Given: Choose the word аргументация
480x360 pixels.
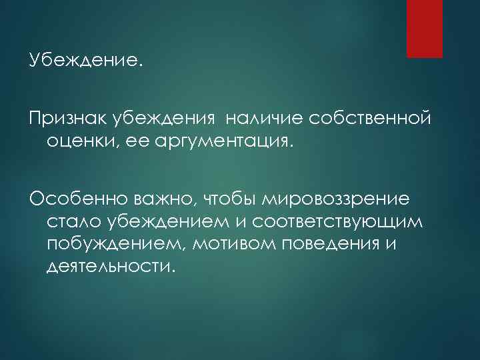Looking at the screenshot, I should pos(205,141).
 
